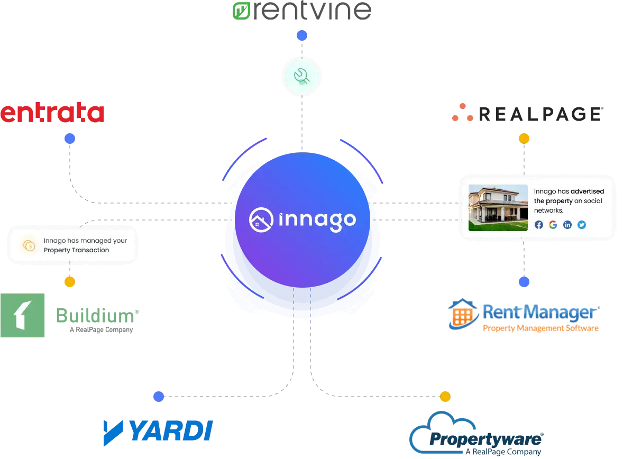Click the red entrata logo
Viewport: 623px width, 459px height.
click(52, 114)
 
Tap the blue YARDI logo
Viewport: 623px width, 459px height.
click(157, 431)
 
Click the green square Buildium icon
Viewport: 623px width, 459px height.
click(23, 315)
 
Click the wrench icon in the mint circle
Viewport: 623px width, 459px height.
click(302, 77)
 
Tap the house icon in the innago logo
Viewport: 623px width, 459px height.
click(261, 219)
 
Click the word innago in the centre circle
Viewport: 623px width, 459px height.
click(317, 220)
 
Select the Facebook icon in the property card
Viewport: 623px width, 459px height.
click(539, 225)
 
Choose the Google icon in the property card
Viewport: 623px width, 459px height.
click(553, 225)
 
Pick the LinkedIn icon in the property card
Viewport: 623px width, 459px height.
click(567, 225)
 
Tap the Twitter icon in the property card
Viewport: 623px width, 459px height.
click(582, 225)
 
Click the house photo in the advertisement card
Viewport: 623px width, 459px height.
click(498, 208)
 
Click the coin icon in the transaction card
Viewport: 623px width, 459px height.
click(29, 245)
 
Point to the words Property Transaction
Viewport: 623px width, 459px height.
click(76, 250)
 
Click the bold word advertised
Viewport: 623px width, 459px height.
click(587, 191)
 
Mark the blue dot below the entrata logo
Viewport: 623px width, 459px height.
click(69, 139)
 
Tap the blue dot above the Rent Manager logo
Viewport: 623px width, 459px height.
click(524, 282)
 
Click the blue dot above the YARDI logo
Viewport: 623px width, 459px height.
click(158, 396)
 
